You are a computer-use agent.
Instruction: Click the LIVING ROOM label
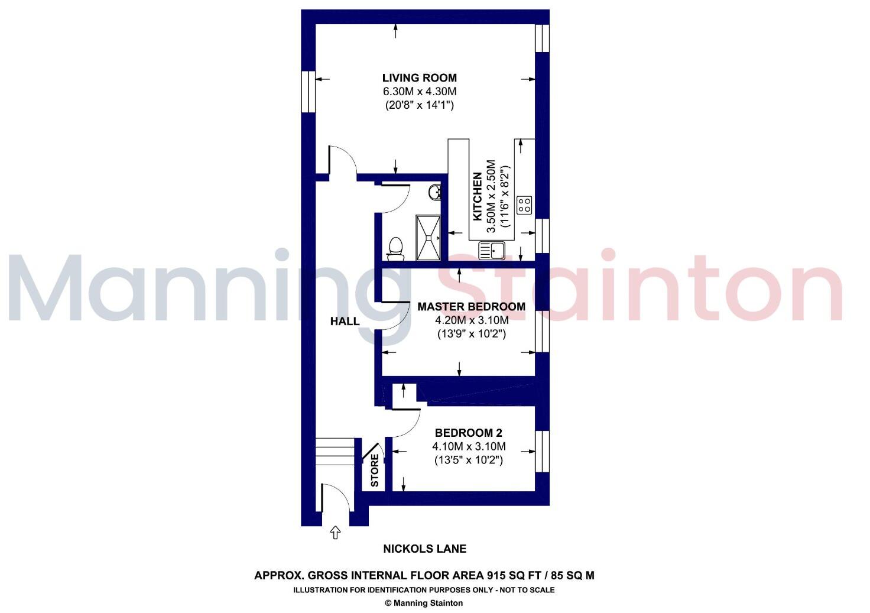(x=419, y=77)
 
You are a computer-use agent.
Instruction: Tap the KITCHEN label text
(x=478, y=196)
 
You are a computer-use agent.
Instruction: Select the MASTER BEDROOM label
(x=471, y=306)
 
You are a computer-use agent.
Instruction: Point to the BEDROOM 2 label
(x=469, y=432)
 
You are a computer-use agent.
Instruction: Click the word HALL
(x=345, y=322)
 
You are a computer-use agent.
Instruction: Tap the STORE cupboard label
(x=375, y=470)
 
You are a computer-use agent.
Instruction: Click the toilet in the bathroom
(x=395, y=248)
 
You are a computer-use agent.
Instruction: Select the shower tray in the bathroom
(x=428, y=238)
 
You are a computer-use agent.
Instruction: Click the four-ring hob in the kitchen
(x=524, y=205)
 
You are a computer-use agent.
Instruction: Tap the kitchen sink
(x=491, y=251)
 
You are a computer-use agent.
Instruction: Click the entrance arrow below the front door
(x=335, y=533)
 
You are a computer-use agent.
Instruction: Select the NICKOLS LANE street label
(x=425, y=549)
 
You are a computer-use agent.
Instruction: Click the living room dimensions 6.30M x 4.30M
(x=419, y=92)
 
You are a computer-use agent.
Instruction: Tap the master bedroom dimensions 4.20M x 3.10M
(x=471, y=320)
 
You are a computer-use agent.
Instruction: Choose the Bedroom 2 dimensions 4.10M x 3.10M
(x=469, y=446)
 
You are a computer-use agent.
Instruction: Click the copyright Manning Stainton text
(x=424, y=603)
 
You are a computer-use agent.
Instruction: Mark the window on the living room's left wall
(x=308, y=92)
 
